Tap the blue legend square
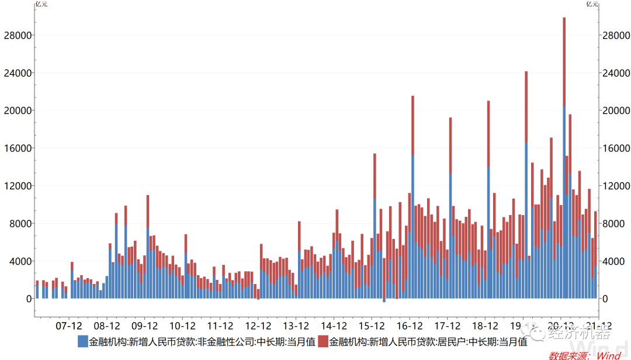tap(82, 342)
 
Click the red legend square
tap(323, 342)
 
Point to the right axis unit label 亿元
tap(592, 4)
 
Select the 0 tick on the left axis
tap(27, 299)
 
